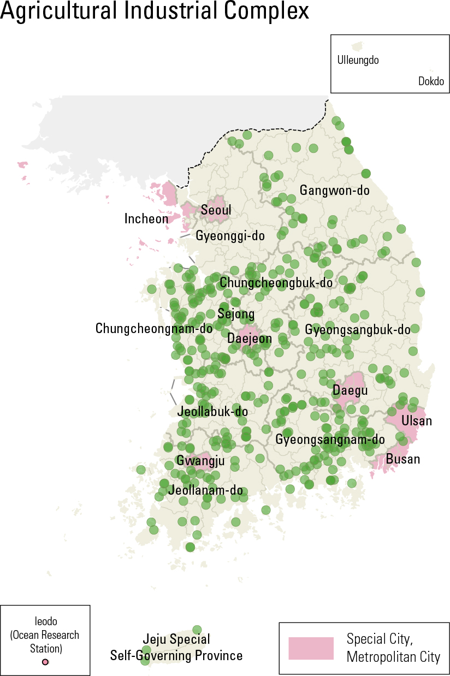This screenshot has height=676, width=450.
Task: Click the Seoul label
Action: (x=216, y=210)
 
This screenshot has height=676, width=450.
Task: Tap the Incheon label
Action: (x=146, y=219)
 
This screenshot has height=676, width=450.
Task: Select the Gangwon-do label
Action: (x=334, y=191)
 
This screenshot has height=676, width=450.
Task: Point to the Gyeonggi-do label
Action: (x=230, y=236)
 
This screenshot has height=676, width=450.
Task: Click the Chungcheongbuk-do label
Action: (x=276, y=282)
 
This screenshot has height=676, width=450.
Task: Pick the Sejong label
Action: (x=236, y=314)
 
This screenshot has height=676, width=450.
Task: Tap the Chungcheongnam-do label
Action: (x=154, y=328)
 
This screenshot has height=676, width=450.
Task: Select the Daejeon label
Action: (x=250, y=339)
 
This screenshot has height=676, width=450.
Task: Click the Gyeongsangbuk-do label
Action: (x=358, y=330)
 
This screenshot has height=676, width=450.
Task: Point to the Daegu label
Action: (x=350, y=391)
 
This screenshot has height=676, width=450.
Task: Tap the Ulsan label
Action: (x=417, y=420)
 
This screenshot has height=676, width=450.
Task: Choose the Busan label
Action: (x=403, y=459)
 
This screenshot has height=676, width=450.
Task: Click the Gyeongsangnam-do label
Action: (x=330, y=439)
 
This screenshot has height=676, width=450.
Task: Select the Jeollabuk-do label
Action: (x=212, y=411)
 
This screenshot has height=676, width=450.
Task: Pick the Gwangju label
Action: (x=200, y=461)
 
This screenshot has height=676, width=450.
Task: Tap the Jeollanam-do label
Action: (x=205, y=490)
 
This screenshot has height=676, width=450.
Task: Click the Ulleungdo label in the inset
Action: (x=358, y=61)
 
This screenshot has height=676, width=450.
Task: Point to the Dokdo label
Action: (x=431, y=82)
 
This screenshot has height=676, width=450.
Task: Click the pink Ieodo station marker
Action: (x=45, y=662)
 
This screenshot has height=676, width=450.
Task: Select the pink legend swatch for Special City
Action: (x=311, y=648)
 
